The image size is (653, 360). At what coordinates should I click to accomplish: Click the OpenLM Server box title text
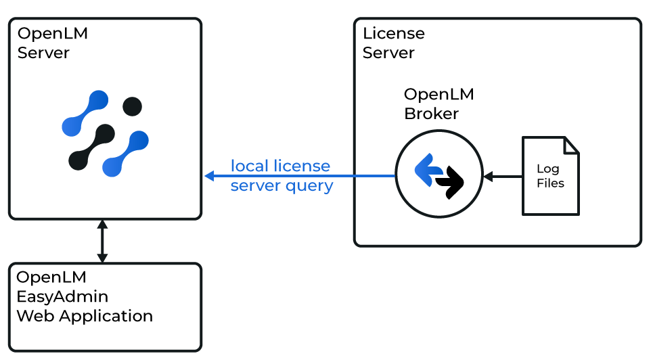pyautogui.click(x=53, y=43)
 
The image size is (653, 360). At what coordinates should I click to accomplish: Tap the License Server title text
pyautogui.click(x=393, y=43)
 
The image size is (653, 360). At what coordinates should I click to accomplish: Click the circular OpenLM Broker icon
pyautogui.click(x=438, y=175)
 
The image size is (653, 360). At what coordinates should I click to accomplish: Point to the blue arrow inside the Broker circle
pyautogui.click(x=427, y=170)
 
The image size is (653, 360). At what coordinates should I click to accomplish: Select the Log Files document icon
pyautogui.click(x=550, y=176)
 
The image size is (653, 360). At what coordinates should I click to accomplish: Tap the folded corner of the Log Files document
pyautogui.click(x=571, y=145)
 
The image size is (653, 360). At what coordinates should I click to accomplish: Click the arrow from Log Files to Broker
pyautogui.click(x=501, y=177)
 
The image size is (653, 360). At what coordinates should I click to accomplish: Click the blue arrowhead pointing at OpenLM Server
pyautogui.click(x=210, y=176)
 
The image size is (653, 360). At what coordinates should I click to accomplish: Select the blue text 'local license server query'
pyautogui.click(x=281, y=175)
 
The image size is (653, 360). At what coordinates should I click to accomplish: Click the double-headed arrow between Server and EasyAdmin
pyautogui.click(x=102, y=241)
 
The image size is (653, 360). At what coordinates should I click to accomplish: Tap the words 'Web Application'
pyautogui.click(x=85, y=316)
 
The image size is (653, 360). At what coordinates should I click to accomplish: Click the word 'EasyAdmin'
pyautogui.click(x=62, y=296)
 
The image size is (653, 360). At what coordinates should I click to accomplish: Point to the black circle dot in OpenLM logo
pyautogui.click(x=131, y=106)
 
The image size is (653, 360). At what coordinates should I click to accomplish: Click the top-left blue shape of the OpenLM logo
pyautogui.click(x=85, y=113)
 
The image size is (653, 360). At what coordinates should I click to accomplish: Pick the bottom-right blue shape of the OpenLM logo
pyautogui.click(x=125, y=154)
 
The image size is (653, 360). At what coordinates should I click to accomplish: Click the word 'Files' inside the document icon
pyautogui.click(x=550, y=183)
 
